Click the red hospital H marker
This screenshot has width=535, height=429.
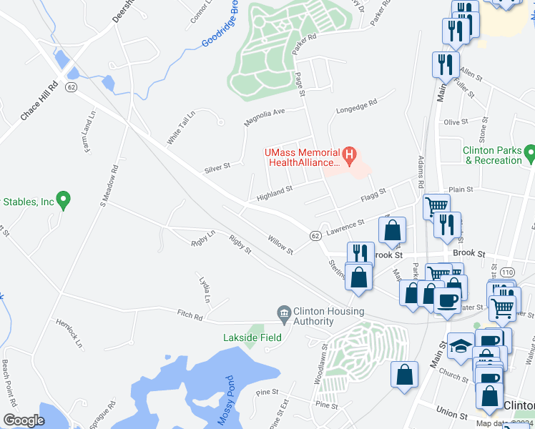click(350, 155)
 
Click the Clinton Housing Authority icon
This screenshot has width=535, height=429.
click(284, 312)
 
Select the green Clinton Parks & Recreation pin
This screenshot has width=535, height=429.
click(529, 152)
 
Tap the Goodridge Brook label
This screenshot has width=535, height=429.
click(219, 26)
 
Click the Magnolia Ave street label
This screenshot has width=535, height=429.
click(264, 117)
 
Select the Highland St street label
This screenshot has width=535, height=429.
click(275, 192)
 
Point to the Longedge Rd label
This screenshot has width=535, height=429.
click(356, 108)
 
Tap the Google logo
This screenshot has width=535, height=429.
click(24, 420)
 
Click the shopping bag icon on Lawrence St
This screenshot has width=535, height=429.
click(392, 230)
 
